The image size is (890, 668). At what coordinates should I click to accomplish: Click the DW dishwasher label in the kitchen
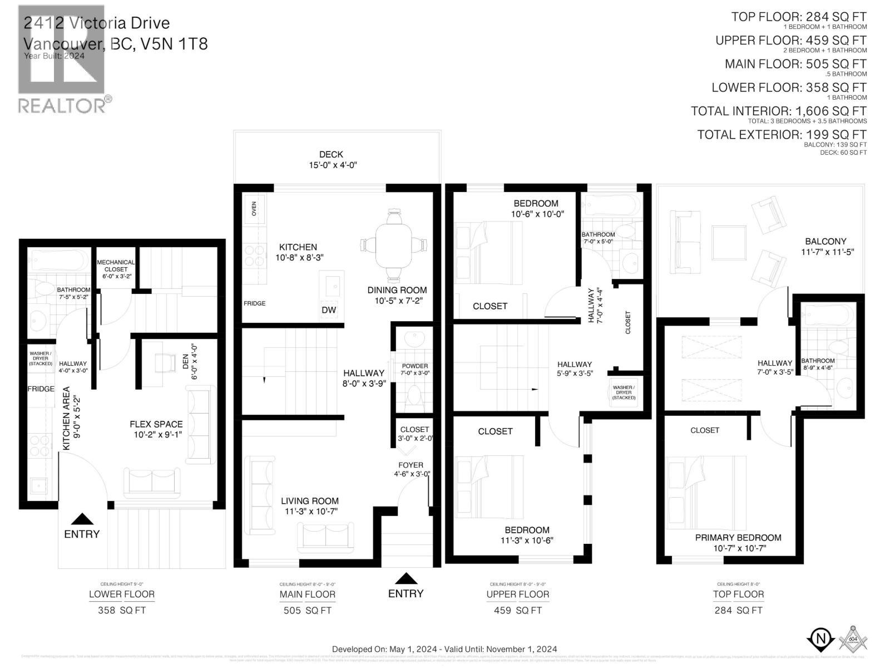point(329,310)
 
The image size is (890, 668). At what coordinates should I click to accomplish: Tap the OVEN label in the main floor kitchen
point(255,209)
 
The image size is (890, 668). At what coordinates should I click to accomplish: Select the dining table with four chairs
point(394,245)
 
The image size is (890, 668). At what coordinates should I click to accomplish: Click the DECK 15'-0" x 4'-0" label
point(332,160)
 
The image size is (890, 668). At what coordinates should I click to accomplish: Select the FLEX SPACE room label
point(156,429)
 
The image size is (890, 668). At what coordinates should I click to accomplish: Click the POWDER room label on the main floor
point(415,370)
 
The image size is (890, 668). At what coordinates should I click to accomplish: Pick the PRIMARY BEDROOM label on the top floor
point(738,543)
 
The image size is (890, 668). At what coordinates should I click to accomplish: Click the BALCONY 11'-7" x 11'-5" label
point(825,246)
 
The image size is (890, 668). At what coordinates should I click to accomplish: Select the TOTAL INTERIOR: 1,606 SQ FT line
point(779,111)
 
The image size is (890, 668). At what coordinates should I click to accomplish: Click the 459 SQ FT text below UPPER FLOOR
point(517,611)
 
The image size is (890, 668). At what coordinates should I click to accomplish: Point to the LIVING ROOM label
point(309,505)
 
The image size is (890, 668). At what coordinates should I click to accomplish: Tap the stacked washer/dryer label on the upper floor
point(624,392)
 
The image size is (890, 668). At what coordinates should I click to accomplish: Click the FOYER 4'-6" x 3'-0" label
point(411,469)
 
